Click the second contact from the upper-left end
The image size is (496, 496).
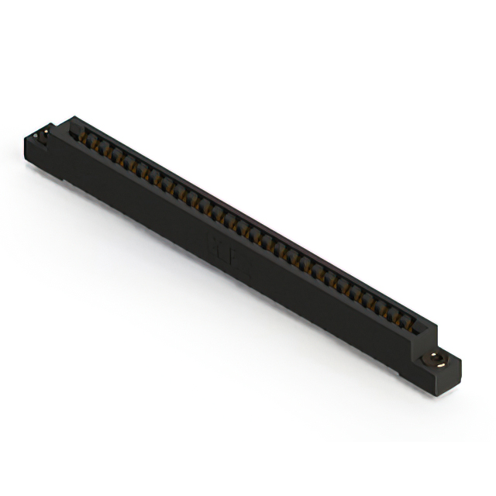(x=99, y=146)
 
